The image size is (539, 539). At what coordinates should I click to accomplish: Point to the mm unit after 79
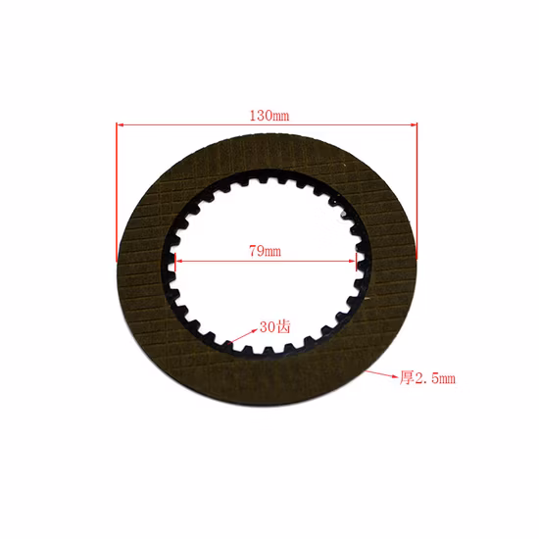click(x=272, y=252)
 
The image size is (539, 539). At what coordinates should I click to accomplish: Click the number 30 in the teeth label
click(x=267, y=327)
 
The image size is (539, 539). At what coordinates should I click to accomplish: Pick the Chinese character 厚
click(x=403, y=377)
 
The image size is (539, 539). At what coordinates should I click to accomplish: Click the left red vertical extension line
click(x=117, y=196)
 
